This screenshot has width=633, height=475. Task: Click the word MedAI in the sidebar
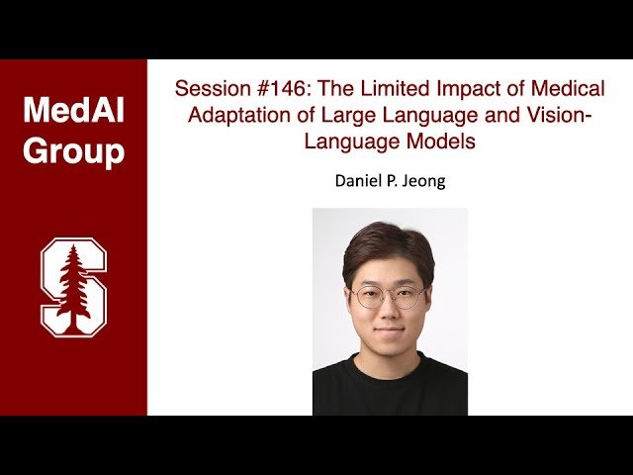(73, 111)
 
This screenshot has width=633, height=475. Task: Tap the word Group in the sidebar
(73, 151)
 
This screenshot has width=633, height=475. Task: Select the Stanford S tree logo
(73, 287)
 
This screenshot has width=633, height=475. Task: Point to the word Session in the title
(209, 88)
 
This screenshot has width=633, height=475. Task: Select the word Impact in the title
(454, 88)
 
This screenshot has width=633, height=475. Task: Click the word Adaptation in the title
(234, 115)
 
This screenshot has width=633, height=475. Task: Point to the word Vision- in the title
(561, 115)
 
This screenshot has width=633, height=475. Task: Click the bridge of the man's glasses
(390, 295)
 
